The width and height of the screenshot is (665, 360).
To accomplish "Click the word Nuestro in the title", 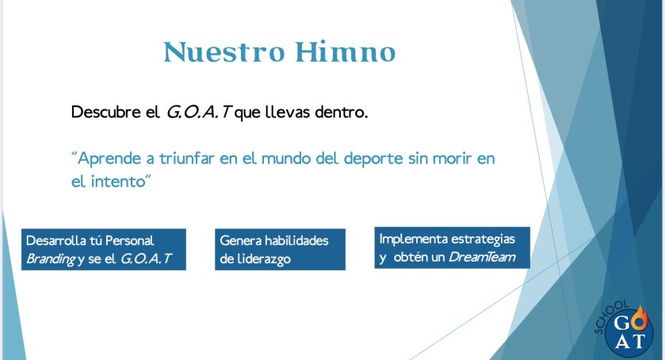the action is click(x=224, y=52).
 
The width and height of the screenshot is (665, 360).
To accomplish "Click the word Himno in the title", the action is click(x=346, y=52).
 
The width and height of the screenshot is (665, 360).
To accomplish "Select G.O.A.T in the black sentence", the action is click(x=198, y=112).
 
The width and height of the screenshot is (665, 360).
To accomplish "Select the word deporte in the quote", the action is click(x=373, y=159).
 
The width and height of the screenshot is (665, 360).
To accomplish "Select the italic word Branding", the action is click(x=51, y=259).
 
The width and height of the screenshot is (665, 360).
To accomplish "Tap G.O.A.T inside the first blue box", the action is click(x=146, y=259).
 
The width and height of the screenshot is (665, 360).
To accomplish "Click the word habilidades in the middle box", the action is click(x=296, y=241).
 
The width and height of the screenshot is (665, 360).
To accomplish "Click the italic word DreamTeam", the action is click(x=482, y=257).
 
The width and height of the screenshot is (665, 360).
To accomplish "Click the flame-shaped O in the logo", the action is click(x=640, y=321).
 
